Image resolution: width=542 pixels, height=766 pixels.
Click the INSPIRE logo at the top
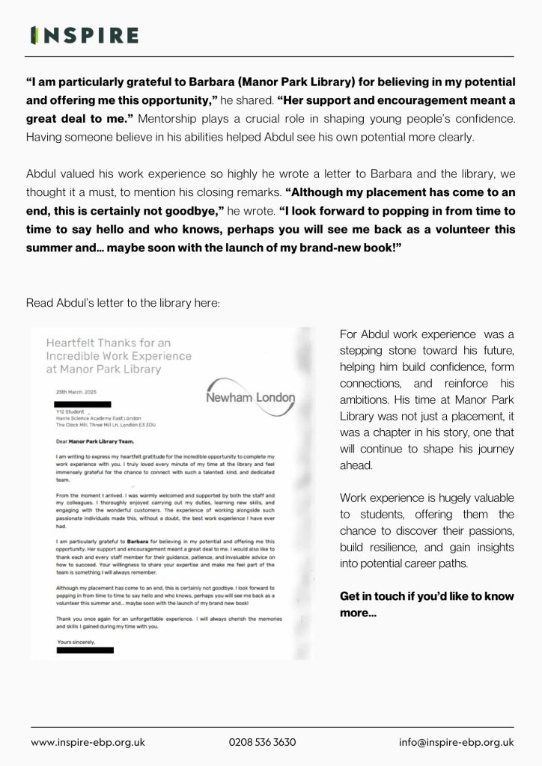tap(84, 35)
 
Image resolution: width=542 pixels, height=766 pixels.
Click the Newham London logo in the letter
tap(250, 398)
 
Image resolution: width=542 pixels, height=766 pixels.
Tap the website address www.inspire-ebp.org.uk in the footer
tap(88, 742)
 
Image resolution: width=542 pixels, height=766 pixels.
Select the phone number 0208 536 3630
tap(263, 742)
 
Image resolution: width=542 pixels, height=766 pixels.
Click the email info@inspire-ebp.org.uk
tap(456, 742)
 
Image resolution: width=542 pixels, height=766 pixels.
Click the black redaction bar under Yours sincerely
tap(85, 650)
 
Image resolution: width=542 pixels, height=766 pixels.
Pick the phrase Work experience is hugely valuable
tap(427, 497)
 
